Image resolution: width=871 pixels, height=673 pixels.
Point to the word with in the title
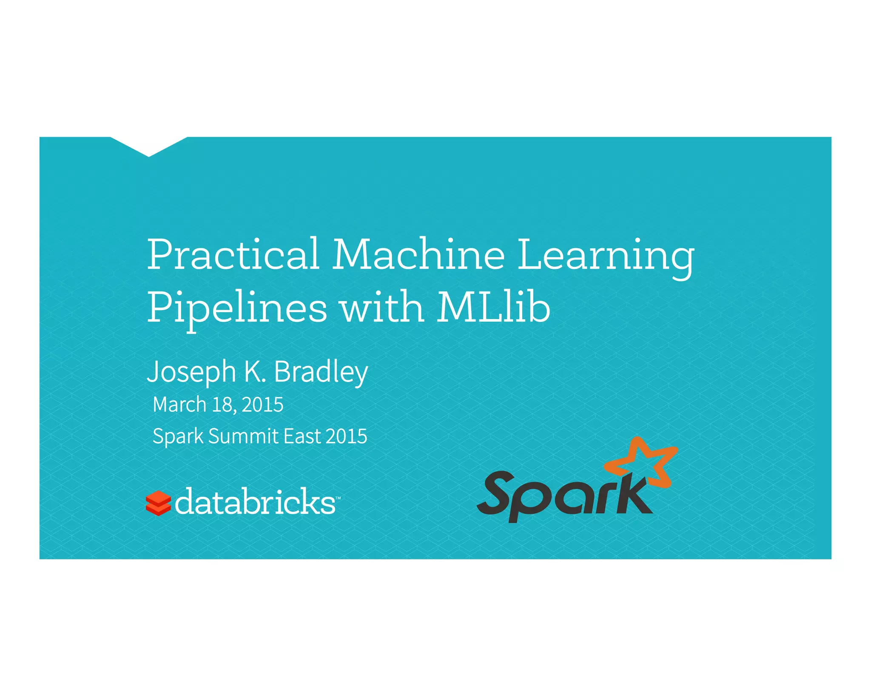click(382, 307)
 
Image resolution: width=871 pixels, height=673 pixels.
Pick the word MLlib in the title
click(494, 307)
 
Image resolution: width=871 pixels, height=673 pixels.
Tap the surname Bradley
click(321, 373)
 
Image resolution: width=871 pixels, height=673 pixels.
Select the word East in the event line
click(302, 436)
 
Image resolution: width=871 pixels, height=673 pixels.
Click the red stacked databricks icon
click(158, 503)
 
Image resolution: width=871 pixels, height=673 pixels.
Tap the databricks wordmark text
click(255, 502)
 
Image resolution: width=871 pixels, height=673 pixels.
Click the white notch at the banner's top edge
click(149, 145)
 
